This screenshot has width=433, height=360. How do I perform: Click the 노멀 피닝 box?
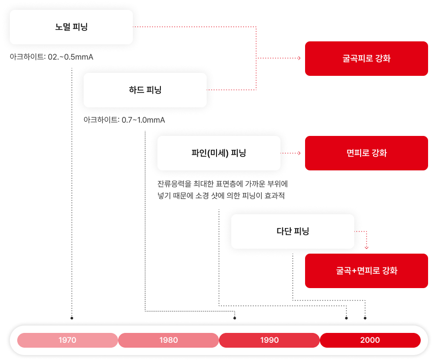(x=71, y=27)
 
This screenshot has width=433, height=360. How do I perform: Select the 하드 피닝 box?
(x=145, y=90)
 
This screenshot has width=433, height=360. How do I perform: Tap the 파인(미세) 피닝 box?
(x=218, y=153)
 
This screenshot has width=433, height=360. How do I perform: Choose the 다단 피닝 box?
(x=292, y=231)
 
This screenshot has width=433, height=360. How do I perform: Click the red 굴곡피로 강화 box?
(x=366, y=59)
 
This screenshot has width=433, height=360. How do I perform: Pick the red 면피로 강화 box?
(x=366, y=153)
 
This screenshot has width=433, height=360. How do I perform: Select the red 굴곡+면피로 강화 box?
(x=366, y=271)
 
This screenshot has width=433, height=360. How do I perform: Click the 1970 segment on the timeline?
(x=67, y=340)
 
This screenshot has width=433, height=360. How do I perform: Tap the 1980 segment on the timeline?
(x=168, y=340)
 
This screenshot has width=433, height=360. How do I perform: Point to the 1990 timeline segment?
(x=269, y=340)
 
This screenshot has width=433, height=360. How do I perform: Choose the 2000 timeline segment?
(x=370, y=340)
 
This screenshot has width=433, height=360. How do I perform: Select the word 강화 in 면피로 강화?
(x=379, y=153)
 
